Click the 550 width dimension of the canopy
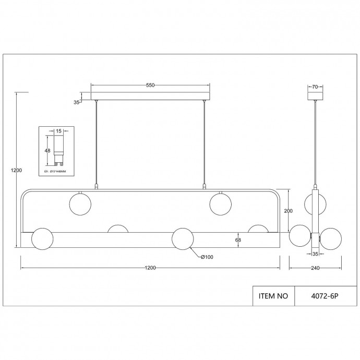click(x=150, y=86)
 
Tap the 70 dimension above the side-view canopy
click(x=315, y=87)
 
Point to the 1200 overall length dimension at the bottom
click(x=150, y=268)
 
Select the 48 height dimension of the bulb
click(x=47, y=150)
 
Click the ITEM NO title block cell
click(x=273, y=296)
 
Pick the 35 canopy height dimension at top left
click(x=77, y=103)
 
